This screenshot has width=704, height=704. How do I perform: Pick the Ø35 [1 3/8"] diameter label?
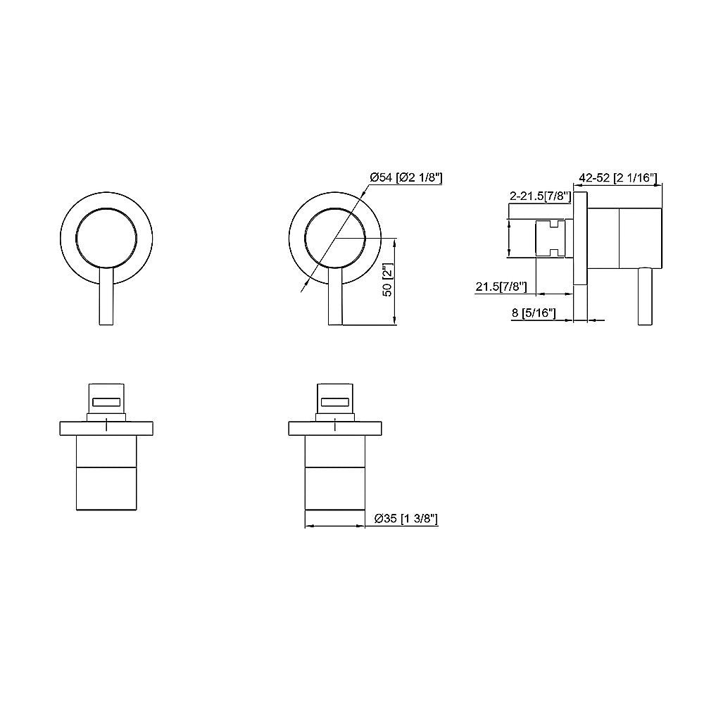pos(407,519)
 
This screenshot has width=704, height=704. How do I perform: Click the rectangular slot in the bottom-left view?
pos(106,402)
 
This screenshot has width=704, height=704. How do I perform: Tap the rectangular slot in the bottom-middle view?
pos(336,402)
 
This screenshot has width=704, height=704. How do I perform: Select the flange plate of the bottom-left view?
pos(106,427)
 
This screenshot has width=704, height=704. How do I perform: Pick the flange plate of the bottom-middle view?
pos(336,427)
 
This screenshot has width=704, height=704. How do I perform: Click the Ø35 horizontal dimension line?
pos(336,525)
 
